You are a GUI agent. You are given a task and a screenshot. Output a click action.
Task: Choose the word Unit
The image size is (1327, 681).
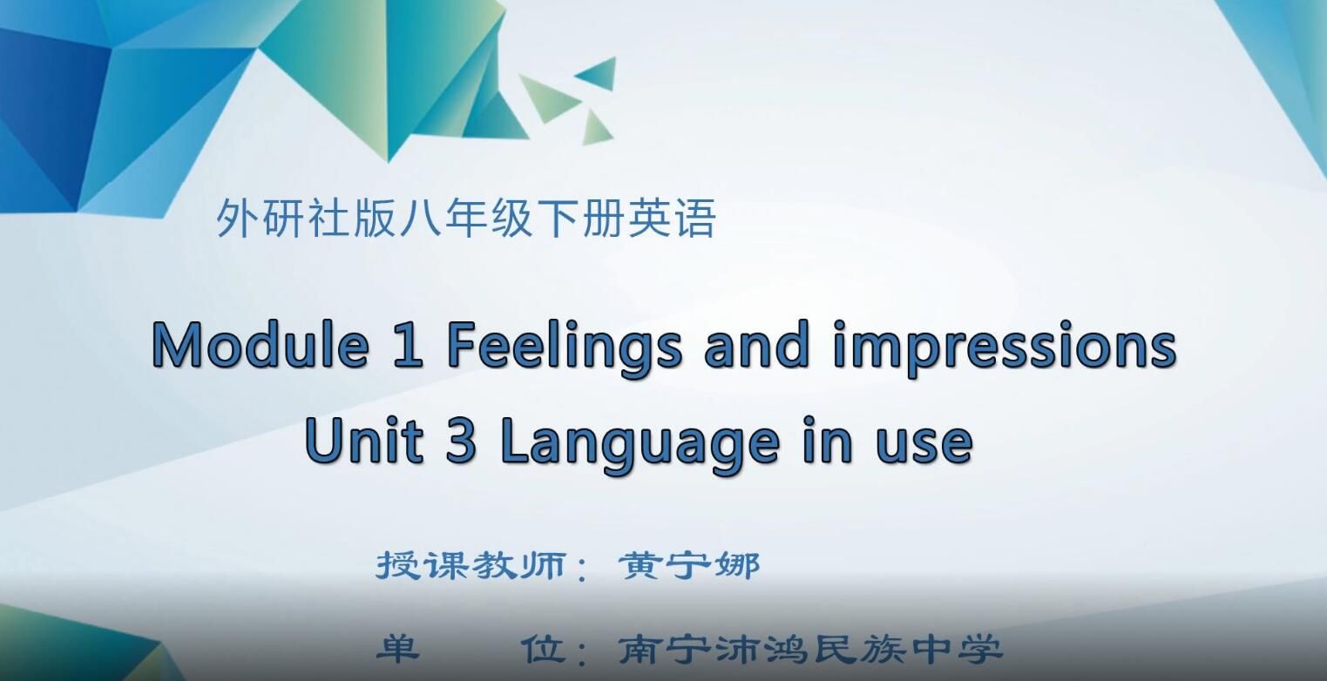coord(364,441)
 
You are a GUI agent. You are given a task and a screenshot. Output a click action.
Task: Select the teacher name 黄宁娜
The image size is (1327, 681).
coord(689,566)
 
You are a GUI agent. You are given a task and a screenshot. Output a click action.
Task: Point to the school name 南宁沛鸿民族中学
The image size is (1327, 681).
coord(810,650)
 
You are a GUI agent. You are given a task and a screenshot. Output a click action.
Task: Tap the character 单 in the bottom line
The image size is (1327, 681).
coord(397,649)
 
